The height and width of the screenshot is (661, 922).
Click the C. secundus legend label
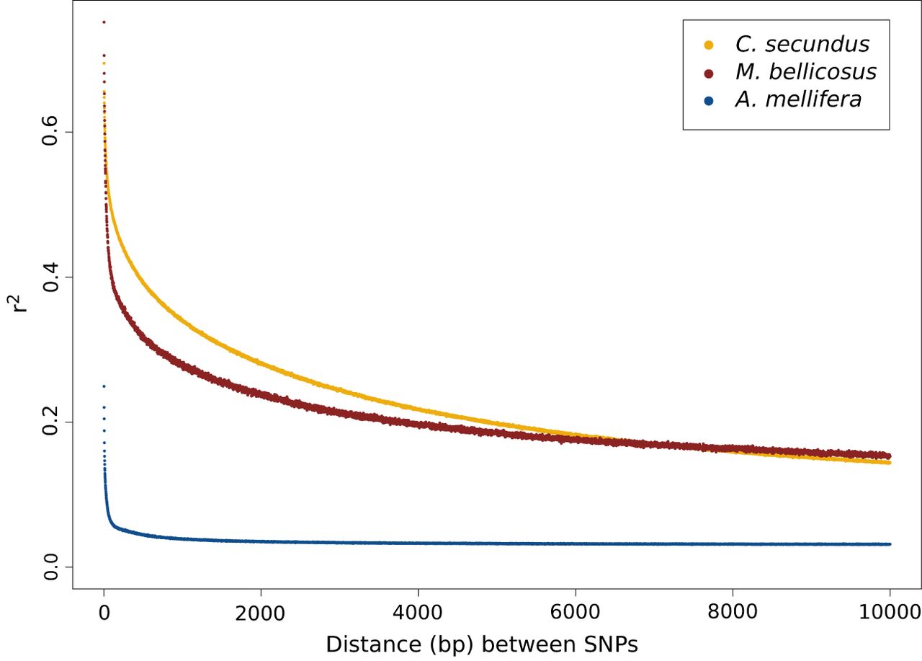coord(802,45)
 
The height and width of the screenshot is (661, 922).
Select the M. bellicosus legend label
coord(805,72)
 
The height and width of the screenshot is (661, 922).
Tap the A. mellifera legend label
coord(798,99)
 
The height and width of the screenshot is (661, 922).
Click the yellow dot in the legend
coord(708,45)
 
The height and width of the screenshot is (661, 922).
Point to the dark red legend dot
coord(708,73)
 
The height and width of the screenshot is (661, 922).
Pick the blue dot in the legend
coord(708,100)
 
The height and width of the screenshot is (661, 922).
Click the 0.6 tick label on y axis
coord(49,132)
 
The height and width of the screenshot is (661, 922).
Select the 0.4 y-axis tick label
coord(49,278)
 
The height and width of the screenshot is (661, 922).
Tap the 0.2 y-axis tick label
coord(49,422)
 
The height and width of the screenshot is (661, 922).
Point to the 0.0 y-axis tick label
coord(49,567)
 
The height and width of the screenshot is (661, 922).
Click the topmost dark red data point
coord(104,22)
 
